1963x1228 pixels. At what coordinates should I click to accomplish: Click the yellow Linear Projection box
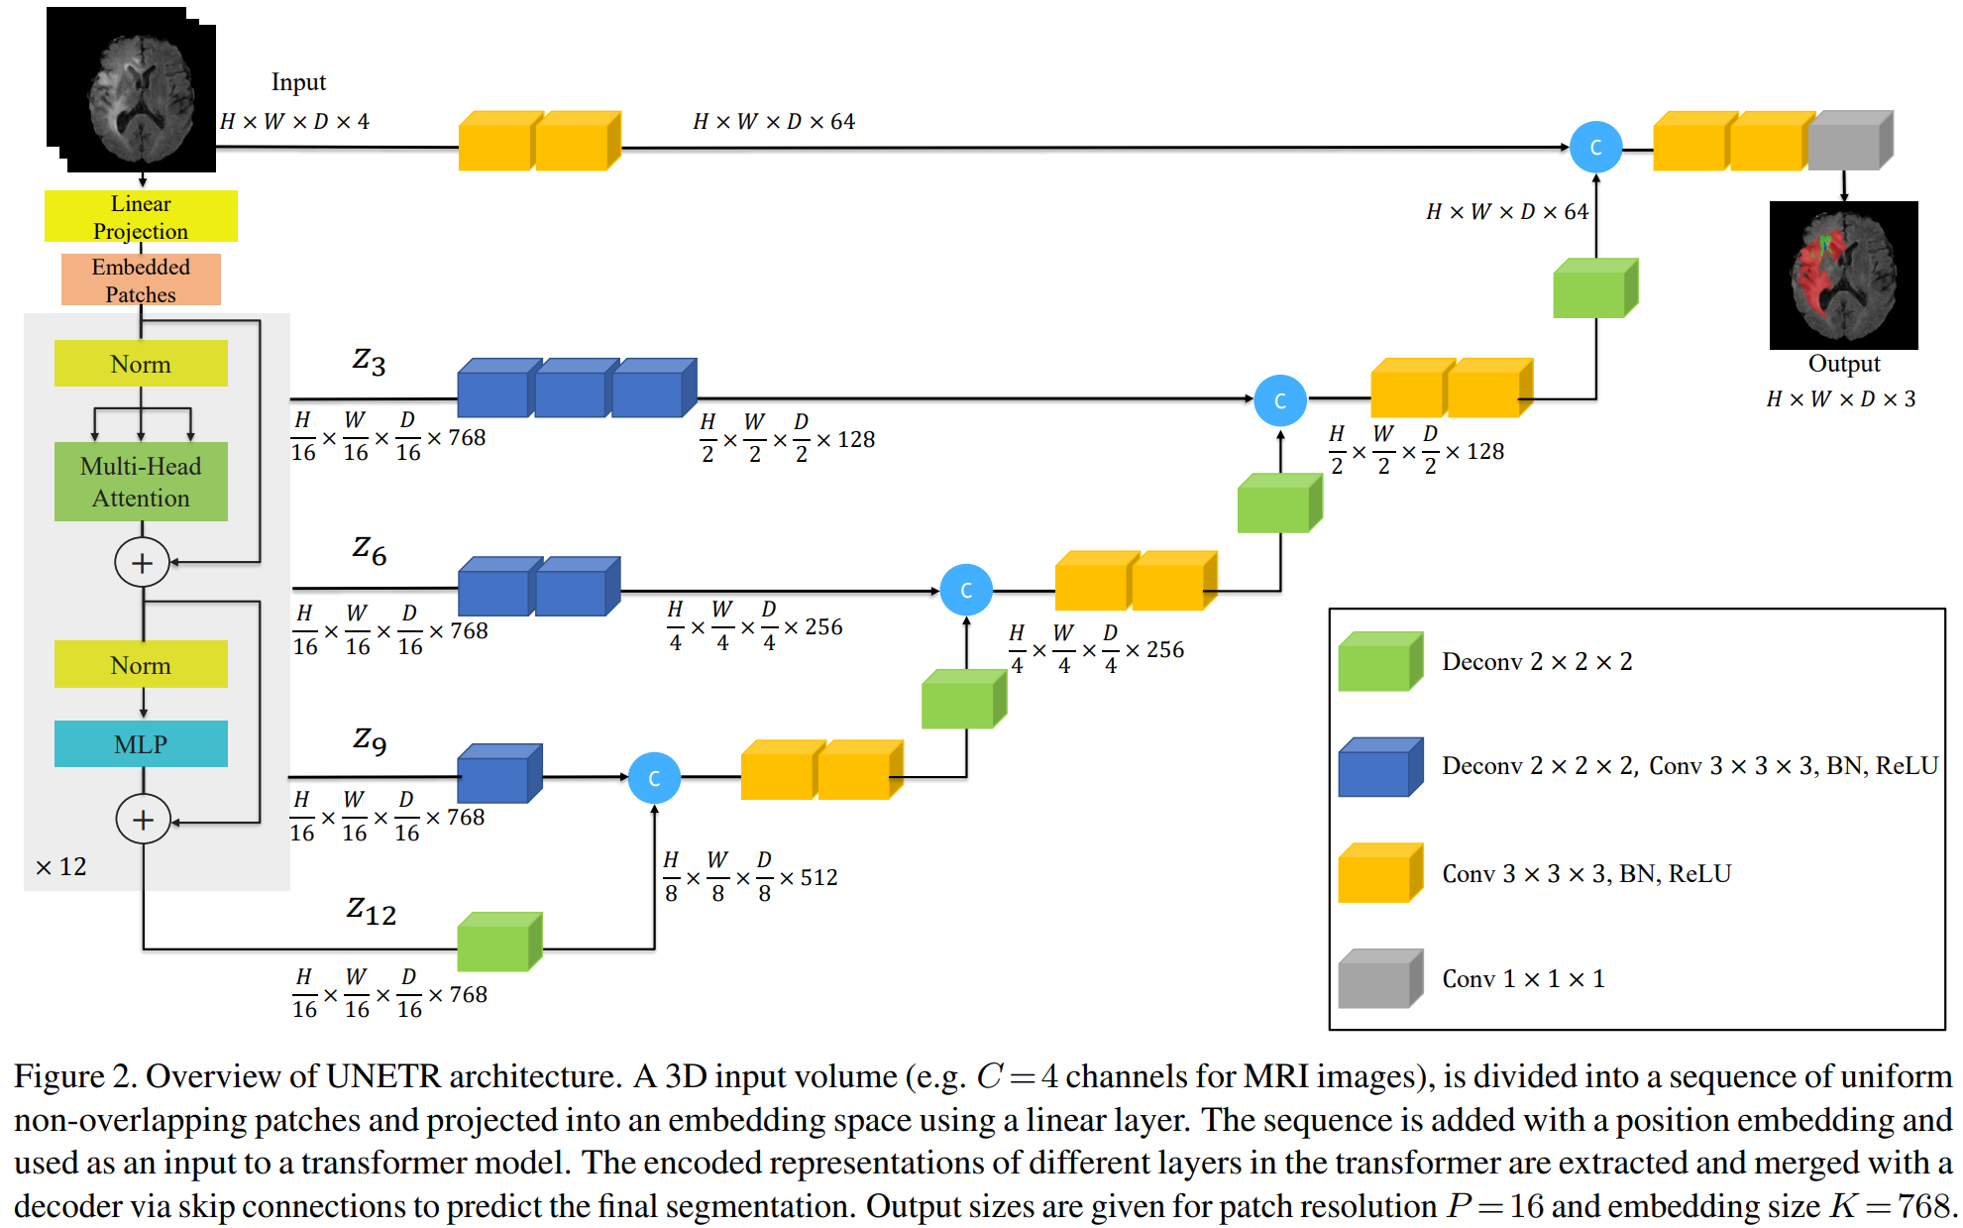pos(141,216)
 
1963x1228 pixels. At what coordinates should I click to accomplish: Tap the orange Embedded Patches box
pos(141,279)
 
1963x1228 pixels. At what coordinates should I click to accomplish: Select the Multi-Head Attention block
pos(141,482)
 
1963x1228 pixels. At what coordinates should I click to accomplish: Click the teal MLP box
pos(141,743)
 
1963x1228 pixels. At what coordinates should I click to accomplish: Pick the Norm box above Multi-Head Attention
pos(141,364)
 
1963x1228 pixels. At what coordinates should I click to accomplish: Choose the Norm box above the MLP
pos(141,664)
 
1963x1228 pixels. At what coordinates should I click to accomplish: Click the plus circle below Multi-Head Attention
pos(142,563)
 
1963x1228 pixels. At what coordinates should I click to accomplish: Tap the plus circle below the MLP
pos(143,820)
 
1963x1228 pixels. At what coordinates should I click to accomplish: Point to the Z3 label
pos(369,361)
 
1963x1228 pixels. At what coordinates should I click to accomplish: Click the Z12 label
pos(371,910)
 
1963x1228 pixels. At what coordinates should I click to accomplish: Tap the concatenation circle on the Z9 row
pos(654,778)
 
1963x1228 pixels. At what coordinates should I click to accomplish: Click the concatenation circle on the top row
pos(1595,147)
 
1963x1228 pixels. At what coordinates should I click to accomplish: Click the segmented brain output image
pos(1843,275)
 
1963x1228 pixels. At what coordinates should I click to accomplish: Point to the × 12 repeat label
pos(61,867)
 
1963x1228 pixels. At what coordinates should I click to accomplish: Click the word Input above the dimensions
pos(298,82)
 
